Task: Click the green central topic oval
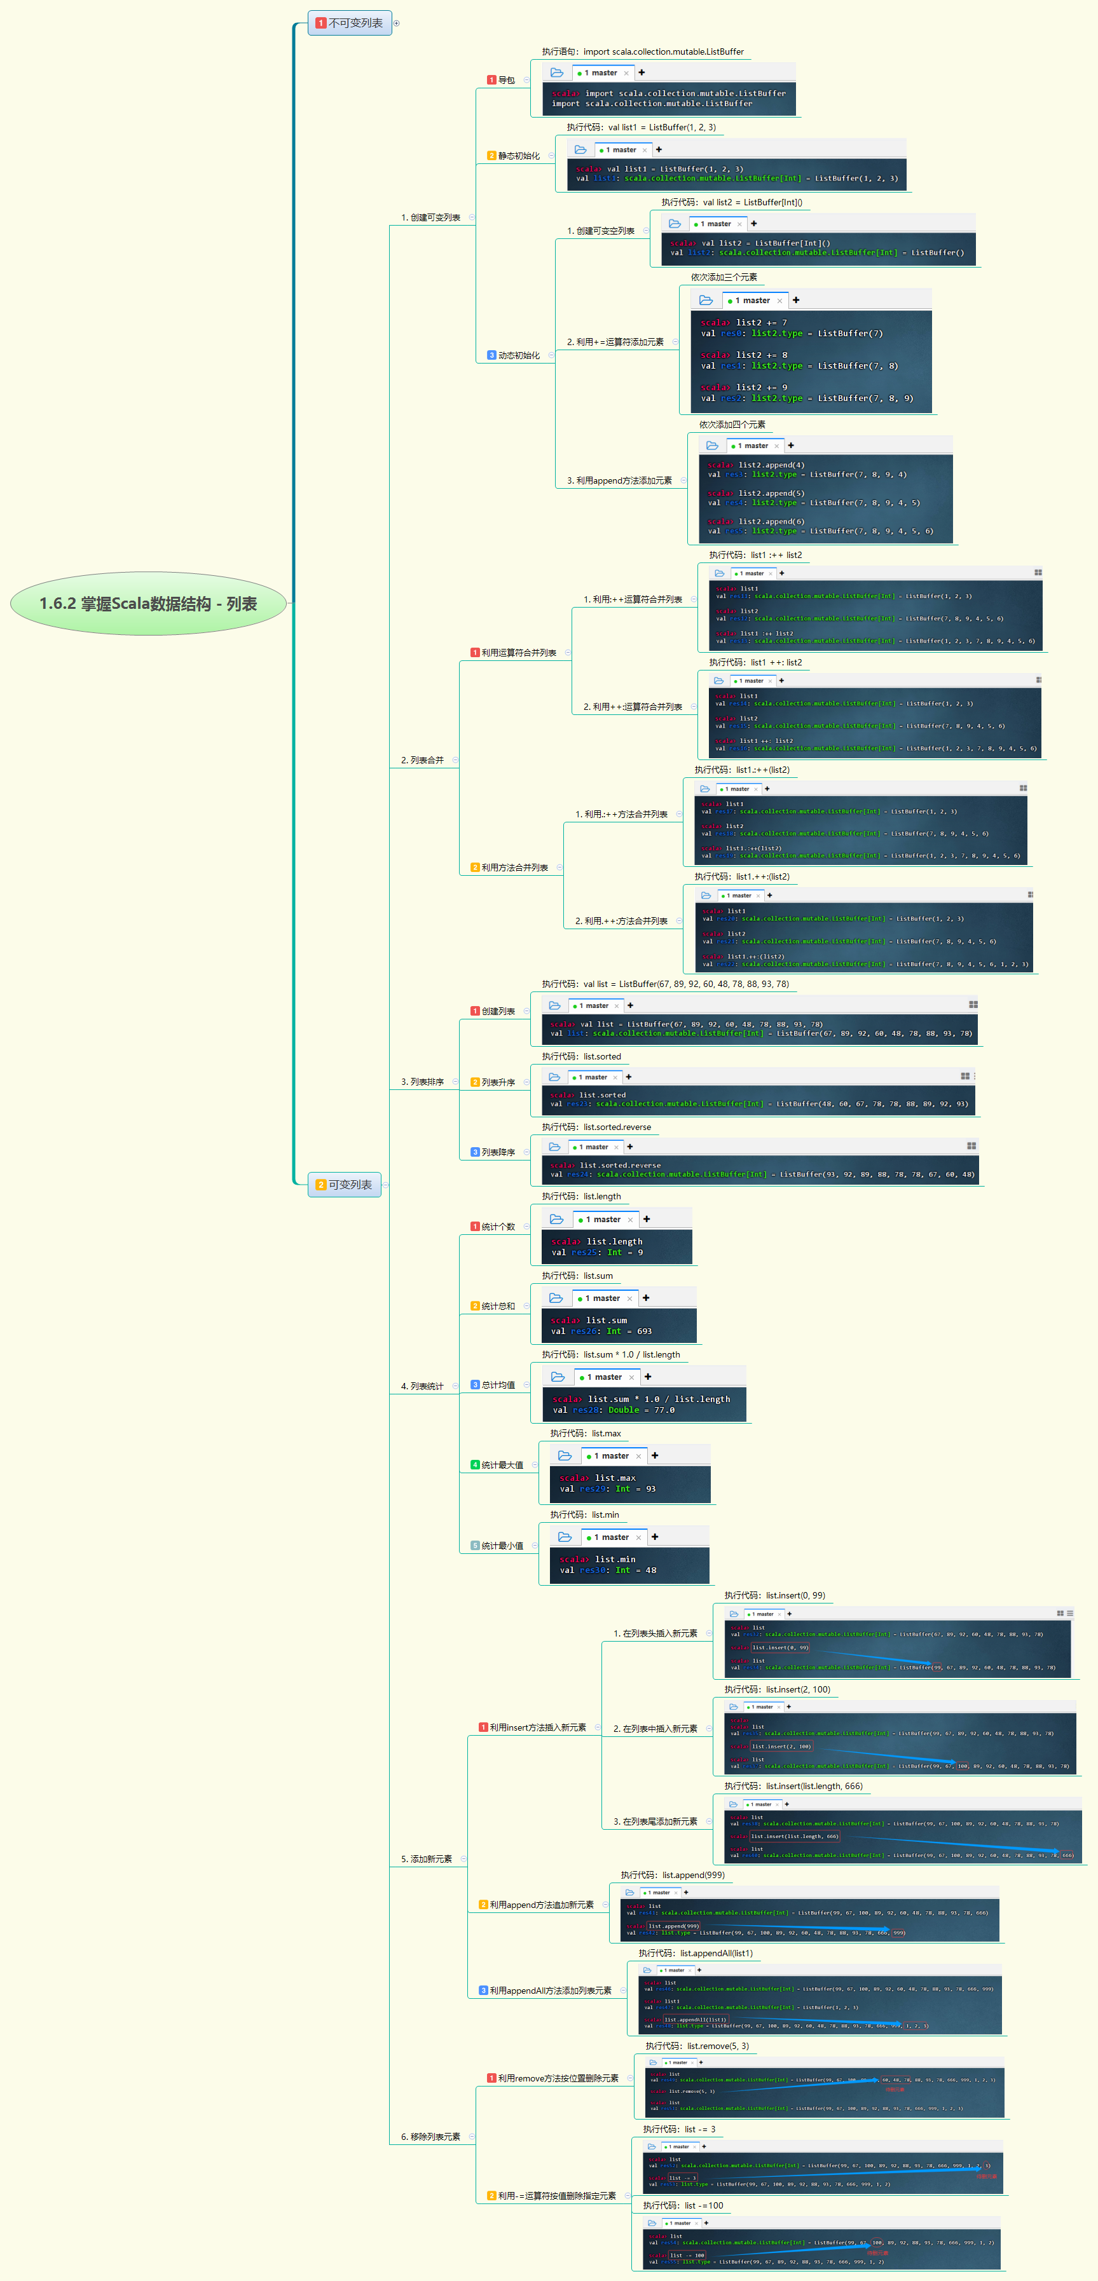click(x=148, y=603)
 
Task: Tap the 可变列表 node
click(x=345, y=1185)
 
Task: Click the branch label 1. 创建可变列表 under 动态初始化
click(x=600, y=231)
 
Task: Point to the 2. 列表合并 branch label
click(x=422, y=761)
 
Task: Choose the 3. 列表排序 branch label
click(x=422, y=1082)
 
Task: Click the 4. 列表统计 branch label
click(x=422, y=1387)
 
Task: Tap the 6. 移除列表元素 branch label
click(x=430, y=2137)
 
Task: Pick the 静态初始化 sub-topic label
click(x=518, y=156)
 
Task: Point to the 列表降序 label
click(x=498, y=1153)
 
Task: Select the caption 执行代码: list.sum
click(x=577, y=1276)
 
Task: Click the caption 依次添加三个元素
click(x=724, y=277)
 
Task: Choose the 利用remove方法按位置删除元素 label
click(x=557, y=2078)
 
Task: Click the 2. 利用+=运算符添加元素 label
click(x=615, y=342)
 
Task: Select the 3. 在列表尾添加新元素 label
click(x=655, y=1821)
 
